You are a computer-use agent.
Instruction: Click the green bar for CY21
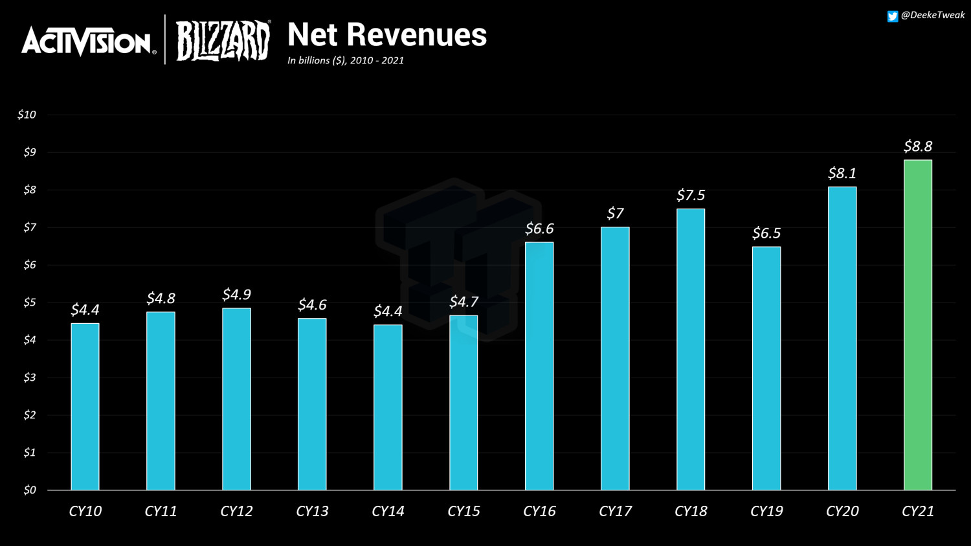(x=917, y=324)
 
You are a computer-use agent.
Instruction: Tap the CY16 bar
(x=539, y=366)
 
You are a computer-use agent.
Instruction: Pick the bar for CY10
(x=85, y=406)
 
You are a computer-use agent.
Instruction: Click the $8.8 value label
(x=917, y=146)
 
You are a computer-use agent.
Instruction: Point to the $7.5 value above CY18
(x=690, y=195)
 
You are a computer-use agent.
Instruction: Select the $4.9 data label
(x=236, y=295)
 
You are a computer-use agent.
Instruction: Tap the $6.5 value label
(x=766, y=233)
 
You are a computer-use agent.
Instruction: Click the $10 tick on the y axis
(x=27, y=115)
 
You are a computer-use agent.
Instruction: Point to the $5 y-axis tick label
(x=29, y=302)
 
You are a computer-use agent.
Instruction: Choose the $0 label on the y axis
(x=29, y=490)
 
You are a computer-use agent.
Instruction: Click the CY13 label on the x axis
(x=312, y=511)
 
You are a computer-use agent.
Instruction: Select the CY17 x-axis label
(x=615, y=511)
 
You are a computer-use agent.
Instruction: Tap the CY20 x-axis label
(x=842, y=511)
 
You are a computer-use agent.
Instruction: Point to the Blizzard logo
(x=223, y=41)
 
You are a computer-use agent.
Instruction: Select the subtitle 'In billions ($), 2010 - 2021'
(x=345, y=60)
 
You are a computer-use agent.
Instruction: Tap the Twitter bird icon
(x=892, y=16)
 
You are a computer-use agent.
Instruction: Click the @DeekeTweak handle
(x=933, y=15)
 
